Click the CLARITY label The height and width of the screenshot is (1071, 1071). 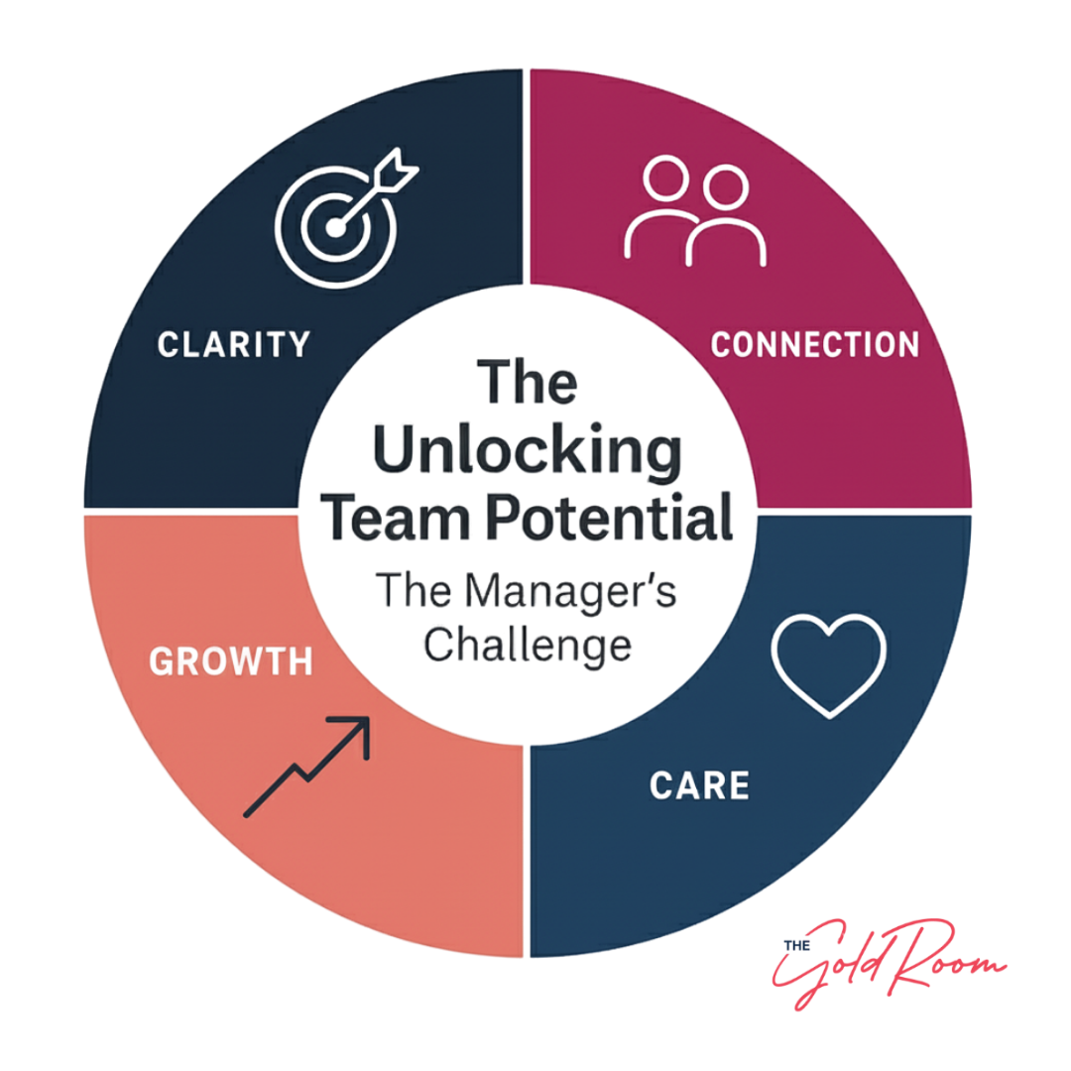tap(234, 344)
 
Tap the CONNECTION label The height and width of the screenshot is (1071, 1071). tap(816, 343)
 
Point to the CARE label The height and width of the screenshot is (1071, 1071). tap(700, 784)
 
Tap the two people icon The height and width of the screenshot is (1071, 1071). tap(696, 212)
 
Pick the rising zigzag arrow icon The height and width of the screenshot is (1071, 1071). tap(307, 767)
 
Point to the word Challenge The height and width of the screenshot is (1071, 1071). tap(528, 647)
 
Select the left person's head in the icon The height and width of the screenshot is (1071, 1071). tap(664, 181)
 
